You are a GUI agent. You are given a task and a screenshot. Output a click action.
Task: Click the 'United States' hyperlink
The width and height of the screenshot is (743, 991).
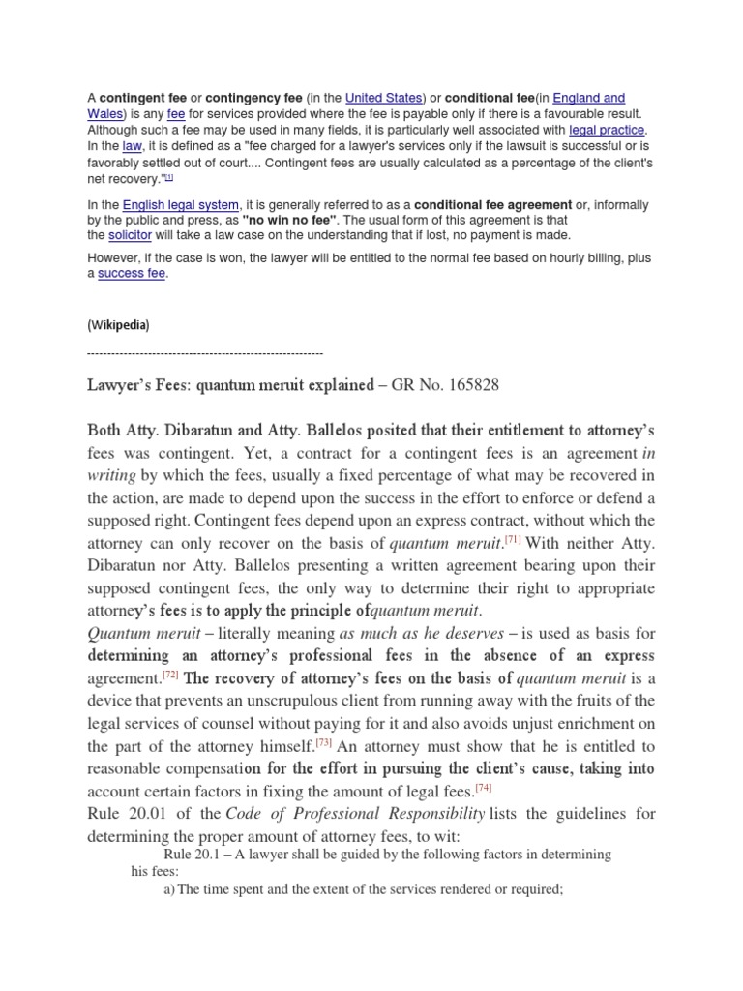click(x=384, y=98)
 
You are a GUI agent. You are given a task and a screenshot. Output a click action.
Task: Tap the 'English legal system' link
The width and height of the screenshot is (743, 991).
click(x=180, y=204)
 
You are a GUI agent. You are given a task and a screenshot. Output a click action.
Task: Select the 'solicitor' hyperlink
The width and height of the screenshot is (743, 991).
click(x=130, y=235)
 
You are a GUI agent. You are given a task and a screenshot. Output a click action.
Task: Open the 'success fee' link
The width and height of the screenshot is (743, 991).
click(x=133, y=274)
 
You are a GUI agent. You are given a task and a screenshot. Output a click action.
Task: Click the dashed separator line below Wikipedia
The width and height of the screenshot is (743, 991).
click(x=205, y=354)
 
